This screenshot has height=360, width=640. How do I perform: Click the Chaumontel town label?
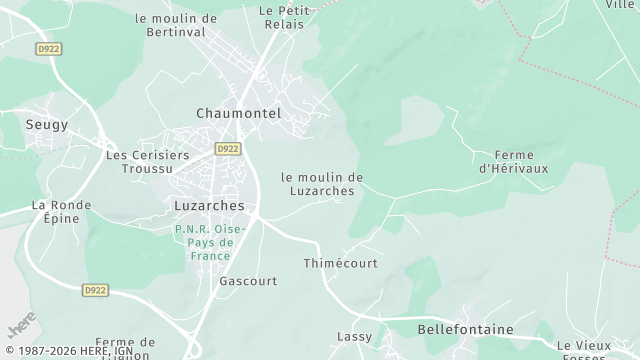(x=239, y=113)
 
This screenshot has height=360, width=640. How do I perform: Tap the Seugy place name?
(x=47, y=124)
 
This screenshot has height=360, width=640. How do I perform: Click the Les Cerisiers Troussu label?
(x=147, y=163)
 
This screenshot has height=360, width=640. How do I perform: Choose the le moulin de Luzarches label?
(x=322, y=184)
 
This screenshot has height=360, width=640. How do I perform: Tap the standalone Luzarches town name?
(x=209, y=205)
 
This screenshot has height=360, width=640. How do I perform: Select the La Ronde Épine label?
(x=61, y=213)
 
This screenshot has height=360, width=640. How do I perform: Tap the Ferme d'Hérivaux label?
(x=514, y=162)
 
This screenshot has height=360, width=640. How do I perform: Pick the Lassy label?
(x=355, y=337)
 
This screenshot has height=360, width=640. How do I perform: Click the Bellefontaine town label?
(x=465, y=329)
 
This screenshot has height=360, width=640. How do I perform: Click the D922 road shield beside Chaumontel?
(x=229, y=149)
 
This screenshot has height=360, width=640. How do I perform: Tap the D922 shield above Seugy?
(x=47, y=48)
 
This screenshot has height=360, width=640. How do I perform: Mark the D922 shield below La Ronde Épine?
(x=94, y=290)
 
